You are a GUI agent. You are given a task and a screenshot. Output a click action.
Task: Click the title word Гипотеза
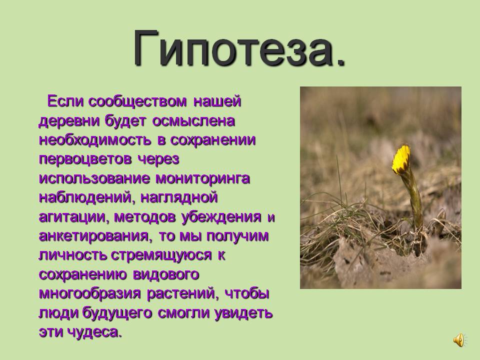[234, 49]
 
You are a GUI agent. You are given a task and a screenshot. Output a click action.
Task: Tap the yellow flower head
[401, 159]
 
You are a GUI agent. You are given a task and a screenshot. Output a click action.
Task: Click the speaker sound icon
[459, 340]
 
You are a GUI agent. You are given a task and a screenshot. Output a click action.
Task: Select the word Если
[65, 101]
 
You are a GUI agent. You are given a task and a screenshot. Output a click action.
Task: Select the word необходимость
[95, 140]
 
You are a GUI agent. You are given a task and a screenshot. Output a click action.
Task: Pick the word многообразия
[90, 294]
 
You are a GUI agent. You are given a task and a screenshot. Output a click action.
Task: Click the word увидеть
[243, 313]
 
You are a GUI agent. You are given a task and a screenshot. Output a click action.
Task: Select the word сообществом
[137, 101]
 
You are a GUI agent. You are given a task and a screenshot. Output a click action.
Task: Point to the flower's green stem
[414, 199]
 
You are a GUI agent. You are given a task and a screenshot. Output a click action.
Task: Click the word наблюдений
[87, 198]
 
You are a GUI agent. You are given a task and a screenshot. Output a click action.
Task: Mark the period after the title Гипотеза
[340, 61]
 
